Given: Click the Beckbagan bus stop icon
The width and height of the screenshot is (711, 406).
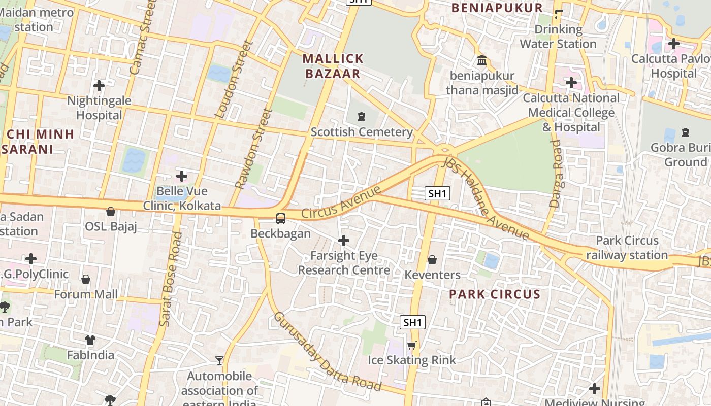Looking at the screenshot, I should click(x=280, y=219).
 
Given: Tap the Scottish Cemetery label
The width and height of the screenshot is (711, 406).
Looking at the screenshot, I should click(x=362, y=132).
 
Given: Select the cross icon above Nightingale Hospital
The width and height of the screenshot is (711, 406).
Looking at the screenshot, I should click(x=99, y=85).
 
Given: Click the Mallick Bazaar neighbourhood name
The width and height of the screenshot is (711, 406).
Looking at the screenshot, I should click(x=333, y=66).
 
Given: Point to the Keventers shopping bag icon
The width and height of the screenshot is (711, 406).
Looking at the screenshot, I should click(x=432, y=260).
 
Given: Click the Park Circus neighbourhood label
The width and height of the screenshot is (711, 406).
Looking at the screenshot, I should click(x=495, y=294).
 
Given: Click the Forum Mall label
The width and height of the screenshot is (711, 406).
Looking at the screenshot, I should click(x=86, y=294).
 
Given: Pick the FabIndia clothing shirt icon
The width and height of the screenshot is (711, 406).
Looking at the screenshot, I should click(x=90, y=340).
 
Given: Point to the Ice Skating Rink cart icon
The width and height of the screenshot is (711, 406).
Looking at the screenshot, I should click(x=411, y=346).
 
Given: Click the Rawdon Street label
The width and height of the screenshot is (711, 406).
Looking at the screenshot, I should click(x=254, y=149).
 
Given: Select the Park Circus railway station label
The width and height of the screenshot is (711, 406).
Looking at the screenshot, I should click(x=627, y=248).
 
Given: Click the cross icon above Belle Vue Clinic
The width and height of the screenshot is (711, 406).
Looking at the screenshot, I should click(x=182, y=176).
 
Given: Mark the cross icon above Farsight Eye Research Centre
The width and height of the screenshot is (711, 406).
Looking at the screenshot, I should click(x=344, y=240).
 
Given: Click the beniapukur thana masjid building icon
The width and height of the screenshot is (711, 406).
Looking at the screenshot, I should click(x=481, y=61).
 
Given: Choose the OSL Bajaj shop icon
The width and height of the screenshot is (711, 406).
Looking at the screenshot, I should click(x=111, y=211).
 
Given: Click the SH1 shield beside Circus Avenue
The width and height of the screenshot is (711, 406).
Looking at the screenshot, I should click(x=438, y=193).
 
